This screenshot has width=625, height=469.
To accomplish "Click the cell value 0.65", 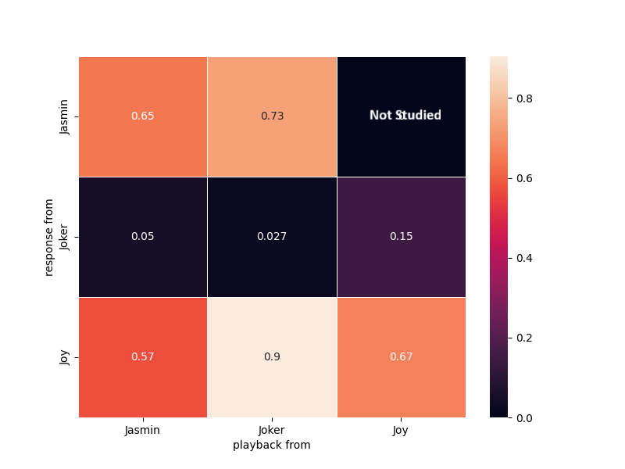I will [142, 116].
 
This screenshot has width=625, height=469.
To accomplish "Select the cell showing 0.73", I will [272, 116].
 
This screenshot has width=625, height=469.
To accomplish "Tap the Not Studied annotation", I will [405, 116].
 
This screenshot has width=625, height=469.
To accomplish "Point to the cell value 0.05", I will [142, 236].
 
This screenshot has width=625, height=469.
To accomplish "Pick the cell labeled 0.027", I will [272, 236].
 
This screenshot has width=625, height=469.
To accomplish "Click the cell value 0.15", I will [401, 236].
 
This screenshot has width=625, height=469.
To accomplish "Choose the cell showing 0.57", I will [142, 356].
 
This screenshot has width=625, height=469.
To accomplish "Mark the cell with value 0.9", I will [272, 356].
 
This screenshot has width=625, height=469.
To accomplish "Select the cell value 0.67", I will [401, 356].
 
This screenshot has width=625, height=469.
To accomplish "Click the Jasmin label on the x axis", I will [143, 430].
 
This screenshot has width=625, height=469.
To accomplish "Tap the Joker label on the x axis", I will [272, 430].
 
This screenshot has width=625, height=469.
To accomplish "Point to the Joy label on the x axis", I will [401, 430].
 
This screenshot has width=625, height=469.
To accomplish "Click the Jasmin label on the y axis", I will [65, 116].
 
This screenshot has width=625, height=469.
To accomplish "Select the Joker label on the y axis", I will [65, 236].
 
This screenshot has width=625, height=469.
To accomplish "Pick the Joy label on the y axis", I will [65, 356].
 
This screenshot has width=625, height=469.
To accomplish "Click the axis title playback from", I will [272, 445].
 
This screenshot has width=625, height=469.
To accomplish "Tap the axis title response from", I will [49, 237].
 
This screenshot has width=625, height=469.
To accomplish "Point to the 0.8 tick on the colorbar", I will [525, 98].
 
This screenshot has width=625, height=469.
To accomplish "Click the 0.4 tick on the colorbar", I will [525, 258].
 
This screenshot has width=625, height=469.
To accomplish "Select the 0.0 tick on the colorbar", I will [525, 417].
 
